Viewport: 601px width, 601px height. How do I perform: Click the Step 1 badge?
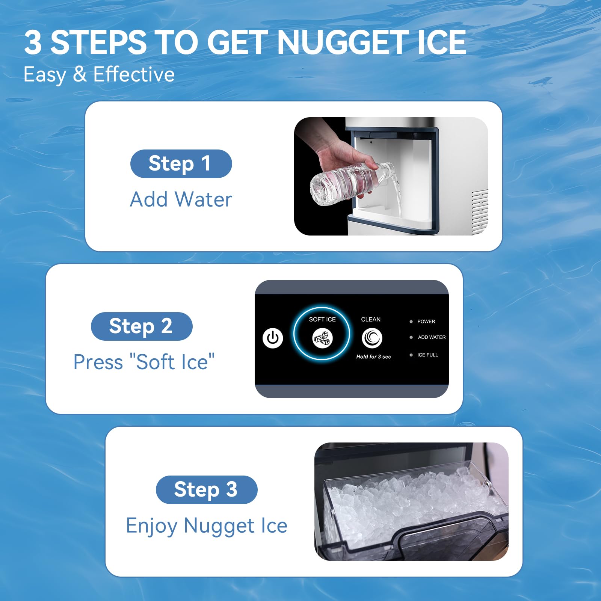181,164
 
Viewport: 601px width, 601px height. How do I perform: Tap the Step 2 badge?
142,326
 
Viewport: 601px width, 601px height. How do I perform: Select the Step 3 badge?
207,490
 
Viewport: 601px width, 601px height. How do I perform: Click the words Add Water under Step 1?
181,199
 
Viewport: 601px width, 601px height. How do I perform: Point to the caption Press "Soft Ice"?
144,362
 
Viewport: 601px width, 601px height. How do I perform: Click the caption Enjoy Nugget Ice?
207,525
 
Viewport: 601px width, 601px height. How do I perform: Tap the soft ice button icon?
322,338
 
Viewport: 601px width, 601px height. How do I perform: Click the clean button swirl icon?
372,338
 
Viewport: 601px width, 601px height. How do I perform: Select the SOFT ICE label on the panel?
322,319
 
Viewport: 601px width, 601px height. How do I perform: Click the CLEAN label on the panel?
371,319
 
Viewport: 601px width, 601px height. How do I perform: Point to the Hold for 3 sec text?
374,356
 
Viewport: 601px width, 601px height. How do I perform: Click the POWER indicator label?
426,322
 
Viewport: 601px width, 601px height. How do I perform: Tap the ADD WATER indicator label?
432,337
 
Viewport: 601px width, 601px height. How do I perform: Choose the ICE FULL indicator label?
427,355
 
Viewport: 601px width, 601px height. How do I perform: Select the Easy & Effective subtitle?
99,74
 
